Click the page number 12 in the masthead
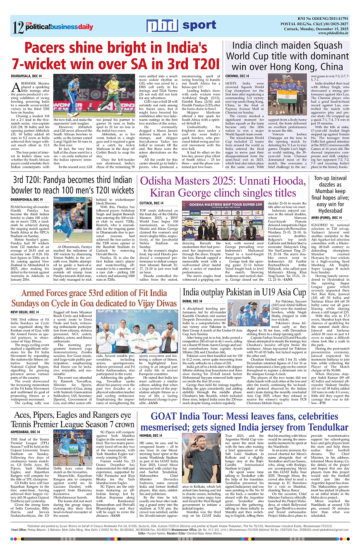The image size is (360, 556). (18, 28)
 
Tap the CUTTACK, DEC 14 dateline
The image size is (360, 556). (152, 203)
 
